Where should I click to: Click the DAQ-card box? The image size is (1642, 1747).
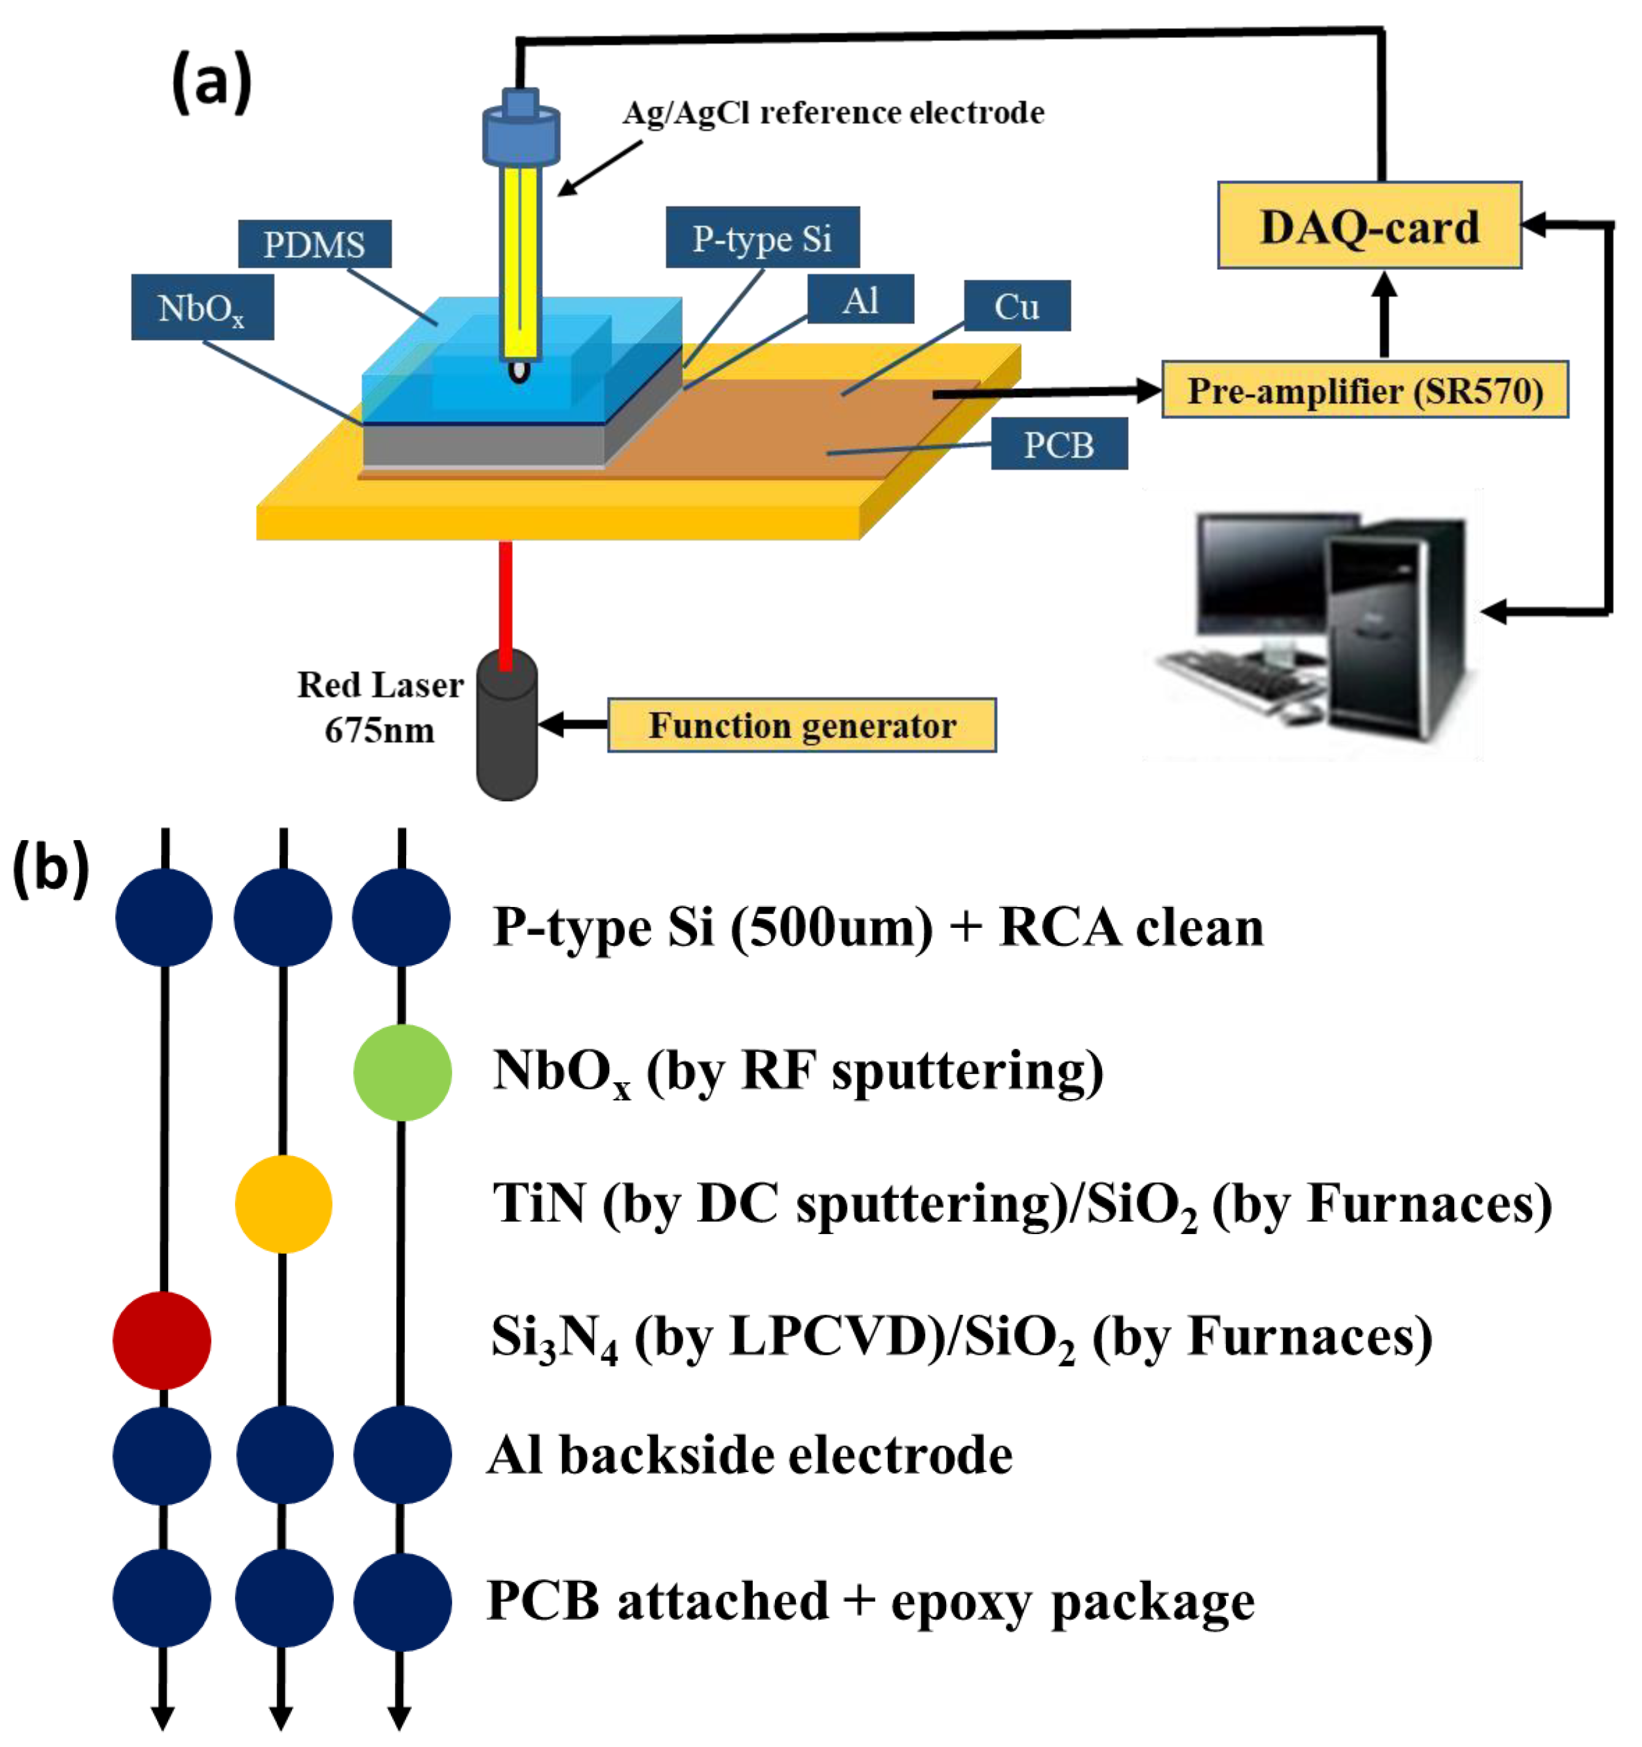[1369, 225]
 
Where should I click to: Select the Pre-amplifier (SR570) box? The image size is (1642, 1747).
[1365, 389]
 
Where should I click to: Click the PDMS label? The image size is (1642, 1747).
[315, 244]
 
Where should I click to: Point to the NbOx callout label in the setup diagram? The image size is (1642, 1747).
[202, 307]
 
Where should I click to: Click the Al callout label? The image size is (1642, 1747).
[860, 299]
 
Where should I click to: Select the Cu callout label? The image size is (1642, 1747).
[1017, 306]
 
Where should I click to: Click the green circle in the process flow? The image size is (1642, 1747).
[403, 1072]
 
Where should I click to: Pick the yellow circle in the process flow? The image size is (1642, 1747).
[283, 1204]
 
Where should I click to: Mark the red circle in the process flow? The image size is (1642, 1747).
[161, 1340]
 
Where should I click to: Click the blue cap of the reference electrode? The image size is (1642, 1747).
[521, 128]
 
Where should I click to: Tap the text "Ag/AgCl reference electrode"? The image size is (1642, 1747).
[834, 112]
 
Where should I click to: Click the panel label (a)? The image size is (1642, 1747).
[211, 82]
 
